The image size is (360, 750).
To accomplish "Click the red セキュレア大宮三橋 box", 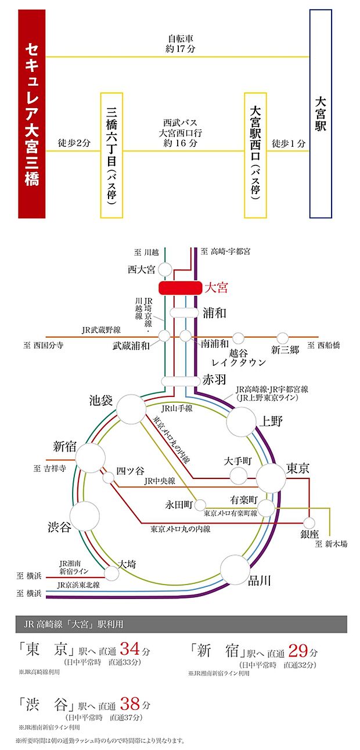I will pyautogui.click(x=31, y=113).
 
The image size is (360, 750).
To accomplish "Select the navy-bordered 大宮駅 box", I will pyautogui.click(x=321, y=113).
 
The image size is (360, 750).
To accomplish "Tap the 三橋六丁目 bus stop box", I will pyautogui.click(x=111, y=155).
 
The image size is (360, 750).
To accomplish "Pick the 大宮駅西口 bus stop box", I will pyautogui.click(x=256, y=155).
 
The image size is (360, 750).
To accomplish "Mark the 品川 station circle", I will pyautogui.click(x=235, y=569).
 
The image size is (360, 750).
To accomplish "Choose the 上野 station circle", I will pyautogui.click(x=241, y=421).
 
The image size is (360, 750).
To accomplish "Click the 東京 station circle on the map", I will pyautogui.click(x=271, y=478).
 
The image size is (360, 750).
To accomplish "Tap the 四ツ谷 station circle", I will pyautogui.click(x=109, y=478).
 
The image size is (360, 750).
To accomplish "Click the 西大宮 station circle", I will pyautogui.click(x=165, y=269).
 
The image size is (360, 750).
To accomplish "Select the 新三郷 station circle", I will pyautogui.click(x=283, y=338).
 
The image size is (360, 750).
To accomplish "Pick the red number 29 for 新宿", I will pyautogui.click(x=297, y=649).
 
